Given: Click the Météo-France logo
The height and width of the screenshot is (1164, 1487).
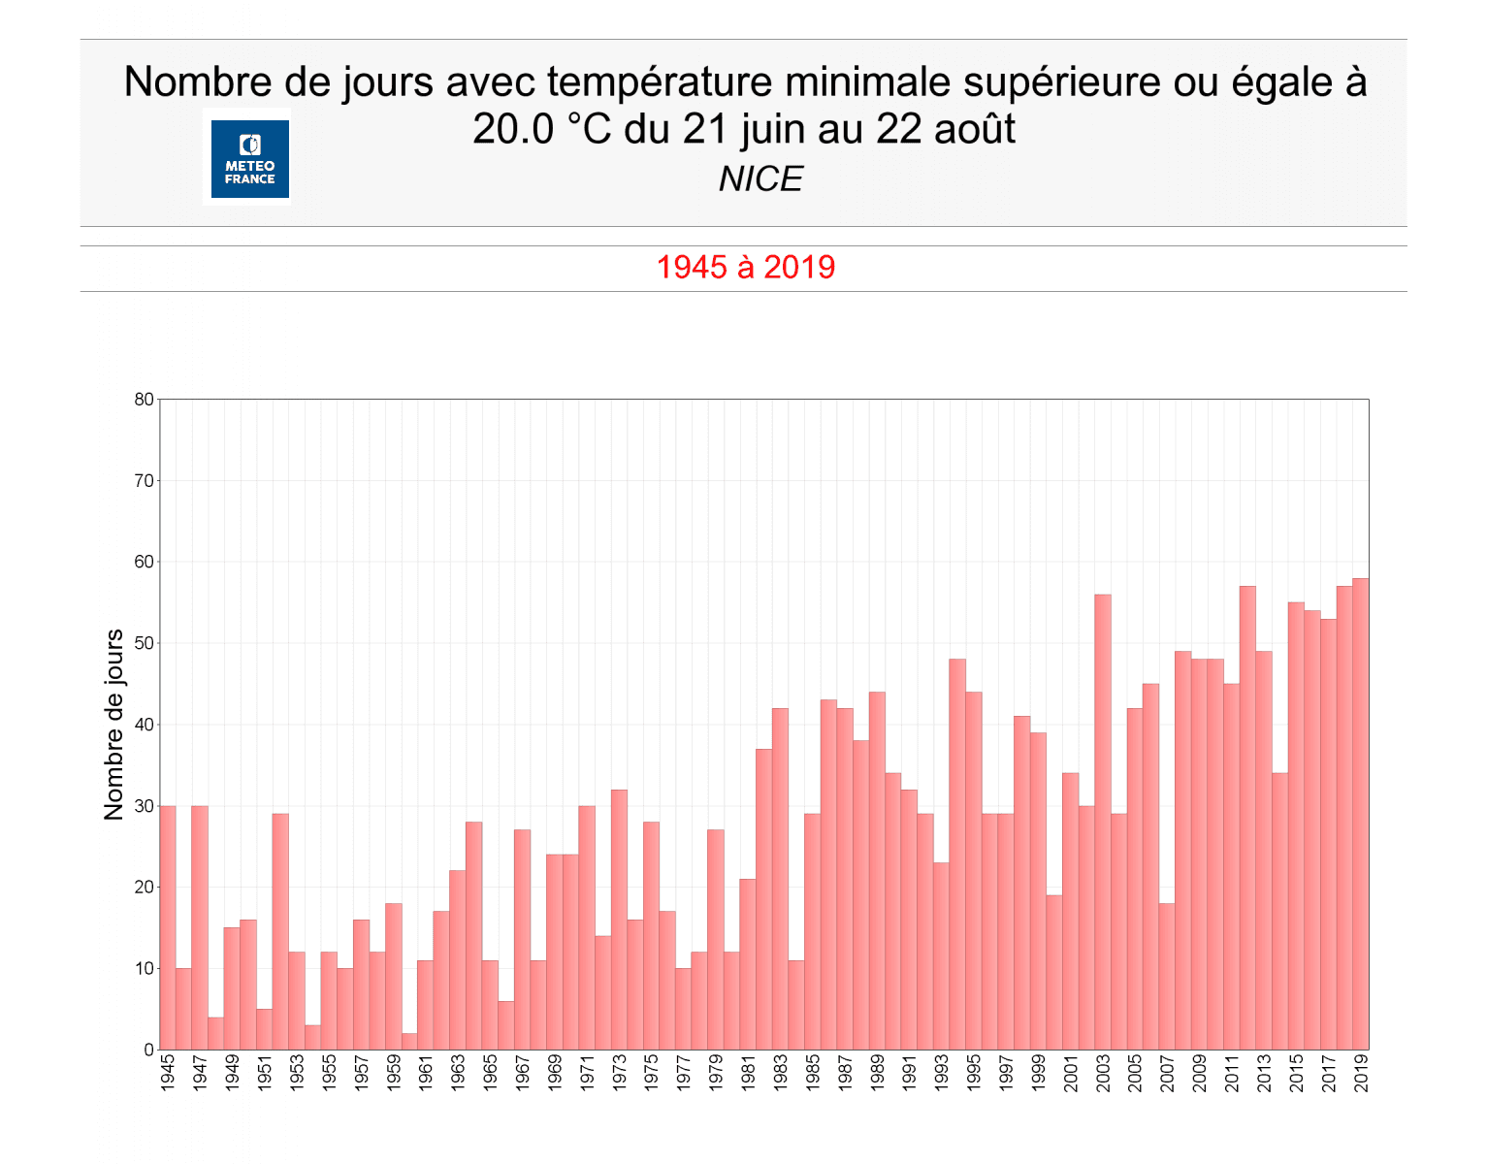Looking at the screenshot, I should click(250, 159).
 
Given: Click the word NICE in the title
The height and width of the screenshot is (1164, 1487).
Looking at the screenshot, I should click(760, 179).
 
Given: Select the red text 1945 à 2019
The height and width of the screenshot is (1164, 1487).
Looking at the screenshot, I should click(745, 268).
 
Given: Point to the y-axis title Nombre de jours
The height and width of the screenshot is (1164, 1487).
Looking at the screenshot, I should click(114, 724).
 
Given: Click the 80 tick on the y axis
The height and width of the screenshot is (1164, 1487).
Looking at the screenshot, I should click(144, 400).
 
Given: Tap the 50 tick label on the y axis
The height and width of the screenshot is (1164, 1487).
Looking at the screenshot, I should click(144, 643).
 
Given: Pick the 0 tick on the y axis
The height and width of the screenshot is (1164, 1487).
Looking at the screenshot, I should click(148, 1050).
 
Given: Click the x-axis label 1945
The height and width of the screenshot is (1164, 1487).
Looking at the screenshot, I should click(168, 1073).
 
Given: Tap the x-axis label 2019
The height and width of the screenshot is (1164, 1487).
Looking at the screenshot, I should click(1361, 1073).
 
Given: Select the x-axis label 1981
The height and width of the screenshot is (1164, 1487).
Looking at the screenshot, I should click(748, 1073).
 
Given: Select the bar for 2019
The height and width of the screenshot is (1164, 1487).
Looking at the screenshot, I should click(1361, 815).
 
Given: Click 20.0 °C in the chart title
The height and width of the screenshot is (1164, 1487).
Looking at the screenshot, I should click(541, 129).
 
